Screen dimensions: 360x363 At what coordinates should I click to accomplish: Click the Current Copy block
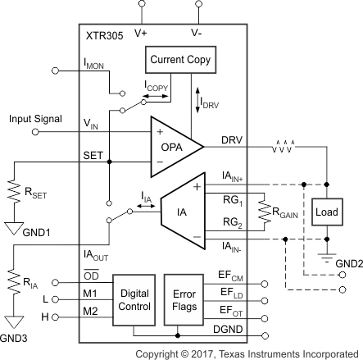click(179, 60)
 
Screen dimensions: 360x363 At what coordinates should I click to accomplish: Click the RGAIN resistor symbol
click(261, 210)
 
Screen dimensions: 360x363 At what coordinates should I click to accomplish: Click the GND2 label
click(344, 265)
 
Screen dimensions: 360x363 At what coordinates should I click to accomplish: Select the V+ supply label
click(140, 34)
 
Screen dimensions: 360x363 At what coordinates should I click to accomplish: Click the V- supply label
click(197, 34)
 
